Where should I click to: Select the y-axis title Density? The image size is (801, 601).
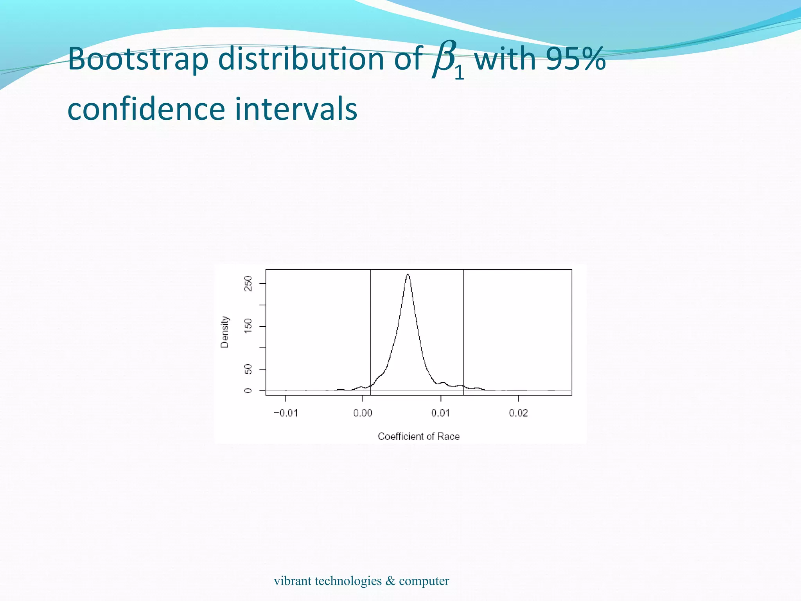pyautogui.click(x=224, y=332)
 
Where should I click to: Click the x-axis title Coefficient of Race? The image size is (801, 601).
pyautogui.click(x=418, y=436)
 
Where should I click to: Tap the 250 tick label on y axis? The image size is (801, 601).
pyautogui.click(x=248, y=283)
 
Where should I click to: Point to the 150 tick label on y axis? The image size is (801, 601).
pyautogui.click(x=248, y=326)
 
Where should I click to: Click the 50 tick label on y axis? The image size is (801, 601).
pyautogui.click(x=248, y=369)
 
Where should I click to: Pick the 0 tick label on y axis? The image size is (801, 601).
pyautogui.click(x=248, y=390)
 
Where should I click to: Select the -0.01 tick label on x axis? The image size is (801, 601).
pyautogui.click(x=286, y=413)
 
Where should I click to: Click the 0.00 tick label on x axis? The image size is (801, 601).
pyautogui.click(x=363, y=413)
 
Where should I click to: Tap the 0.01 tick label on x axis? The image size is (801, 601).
pyautogui.click(x=441, y=413)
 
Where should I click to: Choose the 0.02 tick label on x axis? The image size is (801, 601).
pyautogui.click(x=518, y=413)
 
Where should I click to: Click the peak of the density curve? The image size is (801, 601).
pyautogui.click(x=408, y=275)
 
